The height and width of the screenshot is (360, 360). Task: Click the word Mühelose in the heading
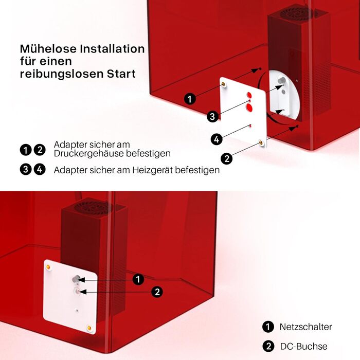48,49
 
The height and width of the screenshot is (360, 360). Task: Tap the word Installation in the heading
112,49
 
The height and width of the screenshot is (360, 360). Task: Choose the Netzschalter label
305,327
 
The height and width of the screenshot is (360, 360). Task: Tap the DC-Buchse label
304,346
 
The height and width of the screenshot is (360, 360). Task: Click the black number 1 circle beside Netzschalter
268,327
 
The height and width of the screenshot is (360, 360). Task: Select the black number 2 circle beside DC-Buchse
268,346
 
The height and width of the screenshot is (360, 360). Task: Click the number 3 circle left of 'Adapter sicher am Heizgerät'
26,169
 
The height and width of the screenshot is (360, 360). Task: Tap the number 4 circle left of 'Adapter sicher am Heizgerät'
40,169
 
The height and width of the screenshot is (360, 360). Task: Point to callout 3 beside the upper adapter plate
212,116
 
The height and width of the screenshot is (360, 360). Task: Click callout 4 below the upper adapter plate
217,139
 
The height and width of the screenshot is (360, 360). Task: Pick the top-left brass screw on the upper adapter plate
223,84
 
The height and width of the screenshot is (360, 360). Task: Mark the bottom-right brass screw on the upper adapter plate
261,143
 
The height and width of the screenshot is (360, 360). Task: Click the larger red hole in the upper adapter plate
249,107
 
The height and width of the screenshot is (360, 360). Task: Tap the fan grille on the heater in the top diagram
297,13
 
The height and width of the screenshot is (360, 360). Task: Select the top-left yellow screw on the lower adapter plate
48,267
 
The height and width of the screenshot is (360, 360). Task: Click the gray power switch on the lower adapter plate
76,279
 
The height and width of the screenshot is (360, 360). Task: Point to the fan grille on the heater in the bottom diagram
94,207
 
